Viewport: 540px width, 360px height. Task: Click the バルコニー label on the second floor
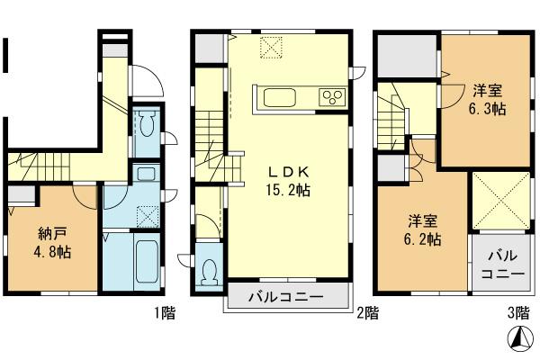pos(285,298)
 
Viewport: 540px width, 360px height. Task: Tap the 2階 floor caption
pos(366,315)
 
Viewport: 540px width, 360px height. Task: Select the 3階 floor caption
pos(517,315)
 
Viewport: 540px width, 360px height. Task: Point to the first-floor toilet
pos(146,123)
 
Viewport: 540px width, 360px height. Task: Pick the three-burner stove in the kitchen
pos(331,96)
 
